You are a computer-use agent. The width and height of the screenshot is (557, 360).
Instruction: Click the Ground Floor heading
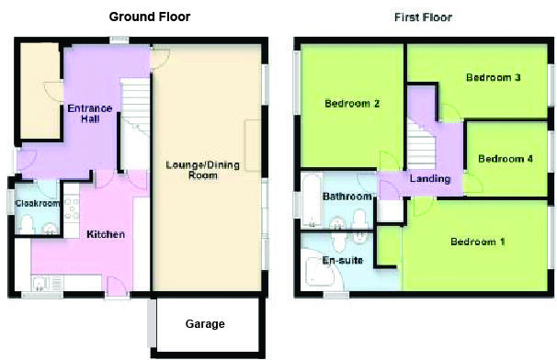(x=152, y=17)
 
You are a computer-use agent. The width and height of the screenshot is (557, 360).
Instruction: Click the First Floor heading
(x=423, y=17)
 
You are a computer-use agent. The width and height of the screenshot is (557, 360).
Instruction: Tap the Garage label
(x=205, y=324)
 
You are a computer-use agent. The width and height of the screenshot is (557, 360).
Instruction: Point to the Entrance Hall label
(x=89, y=113)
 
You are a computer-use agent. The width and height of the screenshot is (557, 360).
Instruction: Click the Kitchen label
(x=105, y=235)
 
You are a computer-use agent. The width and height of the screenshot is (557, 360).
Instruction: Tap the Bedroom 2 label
(x=352, y=104)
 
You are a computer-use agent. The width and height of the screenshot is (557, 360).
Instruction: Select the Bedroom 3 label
(x=494, y=77)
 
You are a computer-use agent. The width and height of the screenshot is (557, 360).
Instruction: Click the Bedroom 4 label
(x=506, y=158)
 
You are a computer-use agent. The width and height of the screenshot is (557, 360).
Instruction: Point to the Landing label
(x=430, y=178)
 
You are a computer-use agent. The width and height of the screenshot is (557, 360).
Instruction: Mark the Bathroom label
(x=347, y=197)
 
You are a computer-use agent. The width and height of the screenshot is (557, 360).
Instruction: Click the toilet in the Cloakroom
(x=27, y=224)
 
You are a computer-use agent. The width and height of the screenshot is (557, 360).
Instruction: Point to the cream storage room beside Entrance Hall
(x=40, y=89)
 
